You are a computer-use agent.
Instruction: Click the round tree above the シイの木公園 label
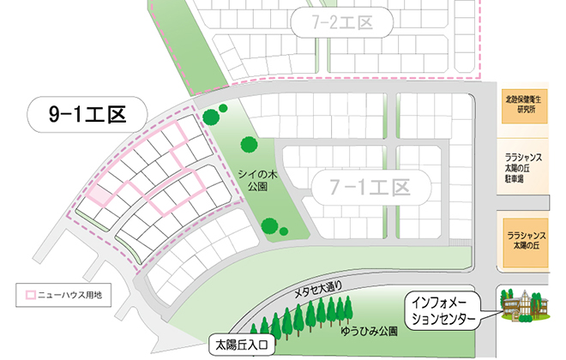click(x=248, y=145)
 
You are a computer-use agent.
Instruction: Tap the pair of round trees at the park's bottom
click(x=274, y=227)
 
